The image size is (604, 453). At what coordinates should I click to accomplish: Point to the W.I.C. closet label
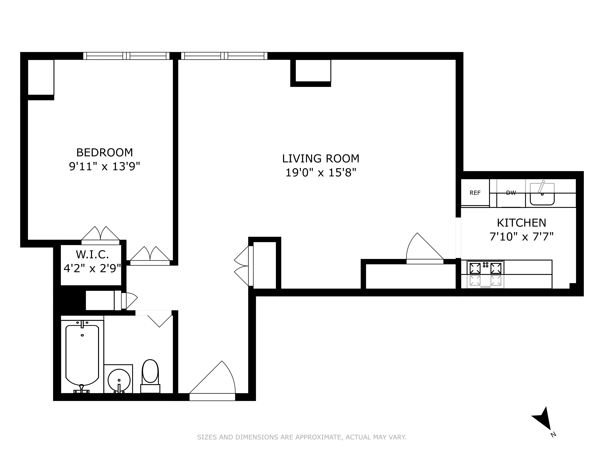[92, 254]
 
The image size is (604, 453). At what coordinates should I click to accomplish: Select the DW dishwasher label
[511, 193]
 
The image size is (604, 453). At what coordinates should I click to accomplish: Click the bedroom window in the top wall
[126, 56]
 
